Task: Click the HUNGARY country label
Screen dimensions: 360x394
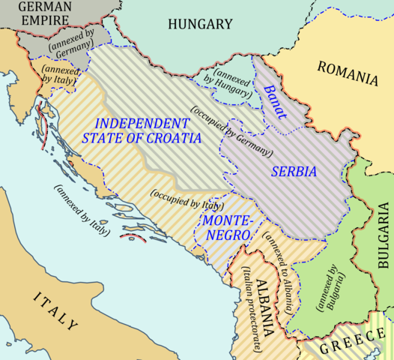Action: click(199, 25)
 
